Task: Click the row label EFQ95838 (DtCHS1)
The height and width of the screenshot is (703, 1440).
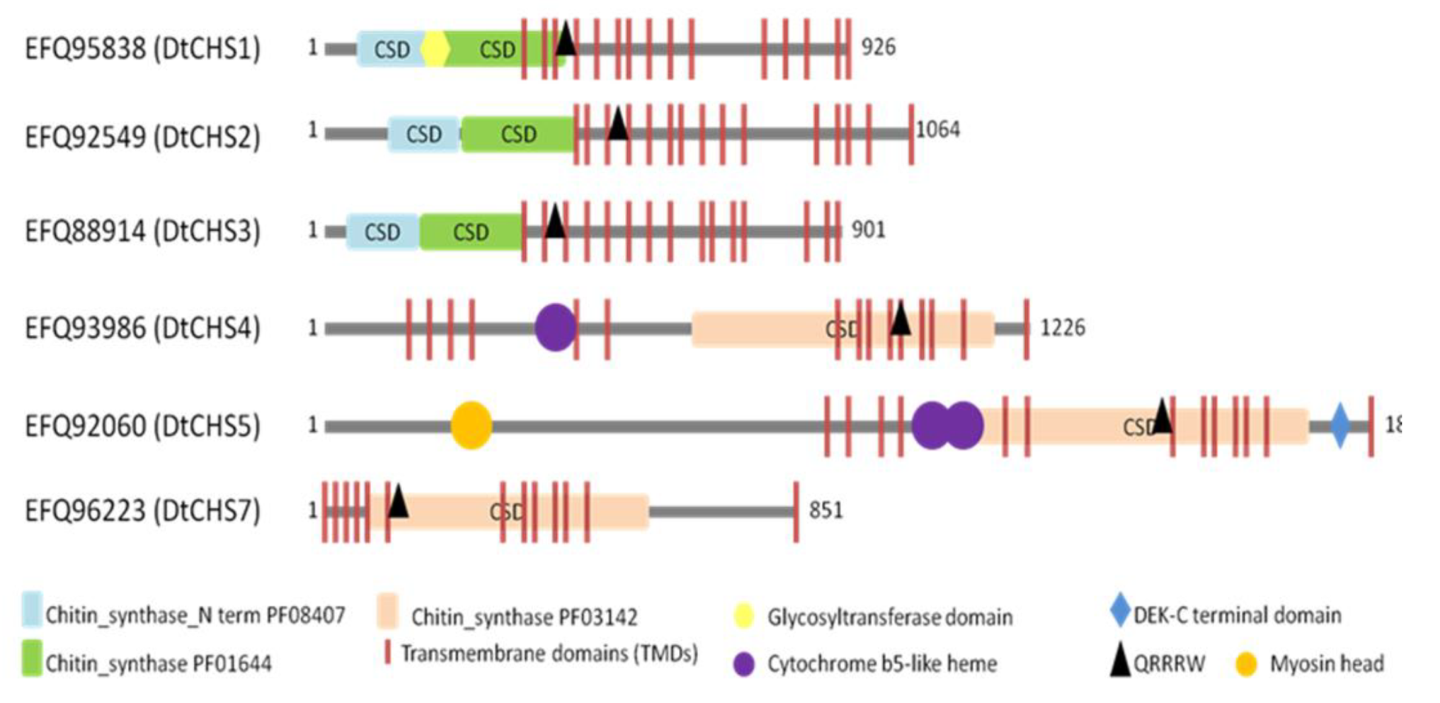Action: (x=143, y=49)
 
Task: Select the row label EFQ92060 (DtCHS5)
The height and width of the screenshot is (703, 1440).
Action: (x=143, y=426)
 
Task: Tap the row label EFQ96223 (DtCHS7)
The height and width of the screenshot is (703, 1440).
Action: (x=143, y=511)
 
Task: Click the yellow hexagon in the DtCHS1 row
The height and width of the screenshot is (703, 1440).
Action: (x=435, y=49)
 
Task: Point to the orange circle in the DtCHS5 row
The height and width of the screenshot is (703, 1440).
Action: (x=471, y=426)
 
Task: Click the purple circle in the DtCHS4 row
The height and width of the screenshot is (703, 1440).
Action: (x=555, y=328)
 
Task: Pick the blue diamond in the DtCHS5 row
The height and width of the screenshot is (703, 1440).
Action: (x=1340, y=426)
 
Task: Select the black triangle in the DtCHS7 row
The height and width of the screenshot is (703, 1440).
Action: (x=398, y=502)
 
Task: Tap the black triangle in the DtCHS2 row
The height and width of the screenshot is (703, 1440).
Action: (x=617, y=124)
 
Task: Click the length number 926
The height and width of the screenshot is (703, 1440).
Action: (x=878, y=47)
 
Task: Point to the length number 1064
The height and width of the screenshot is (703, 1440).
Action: (x=938, y=129)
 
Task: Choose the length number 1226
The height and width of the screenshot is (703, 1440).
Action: (x=1063, y=328)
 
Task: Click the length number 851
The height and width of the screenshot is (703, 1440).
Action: (x=826, y=510)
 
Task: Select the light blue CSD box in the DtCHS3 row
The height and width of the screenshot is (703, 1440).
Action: (x=382, y=232)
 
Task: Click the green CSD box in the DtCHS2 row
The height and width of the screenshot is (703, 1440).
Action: (x=518, y=134)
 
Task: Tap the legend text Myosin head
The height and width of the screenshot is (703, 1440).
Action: (x=1327, y=664)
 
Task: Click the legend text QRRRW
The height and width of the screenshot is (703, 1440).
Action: (x=1169, y=664)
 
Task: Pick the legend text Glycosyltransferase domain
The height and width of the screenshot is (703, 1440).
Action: (x=890, y=617)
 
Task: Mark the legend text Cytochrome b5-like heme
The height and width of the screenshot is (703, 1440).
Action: (x=882, y=664)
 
